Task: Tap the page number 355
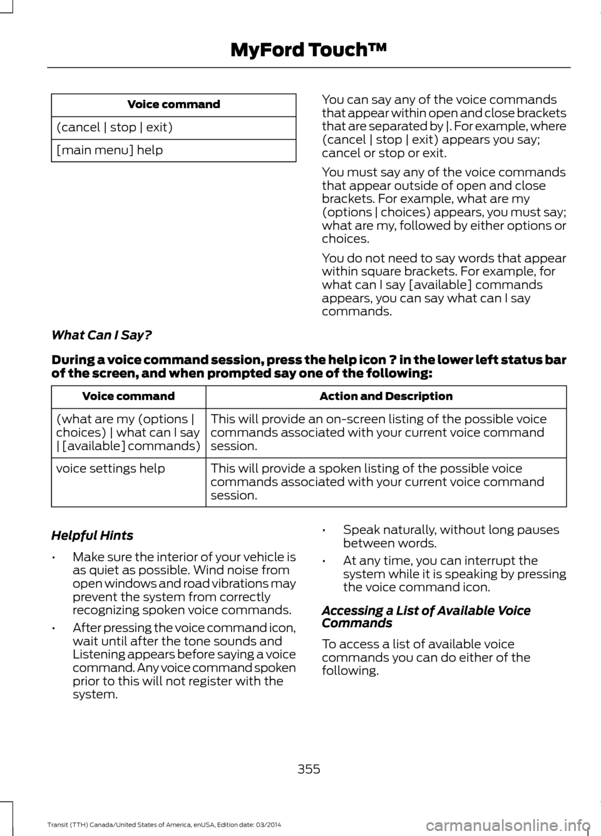pos(308,769)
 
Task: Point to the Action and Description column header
pos(386,396)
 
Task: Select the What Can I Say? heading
pos(101,335)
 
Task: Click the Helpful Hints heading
pos(92,535)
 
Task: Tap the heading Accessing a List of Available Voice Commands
pos(426,617)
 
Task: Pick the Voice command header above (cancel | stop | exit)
pos(173,104)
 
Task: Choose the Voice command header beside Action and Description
pos(128,396)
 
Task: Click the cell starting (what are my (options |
pos(128,432)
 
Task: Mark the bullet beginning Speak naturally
pos(451,536)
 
